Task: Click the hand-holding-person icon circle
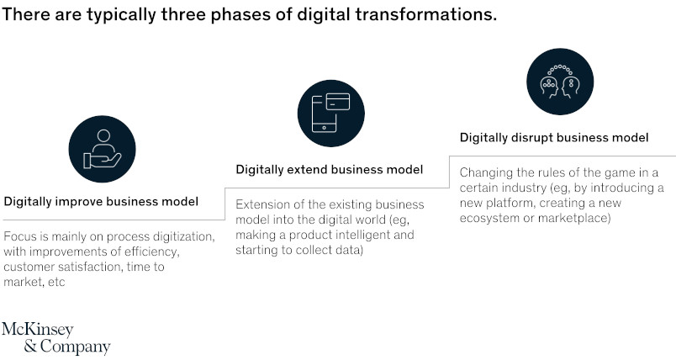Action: point(103,149)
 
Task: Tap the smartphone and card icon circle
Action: point(331,114)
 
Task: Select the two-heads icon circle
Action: point(560,82)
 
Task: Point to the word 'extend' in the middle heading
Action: point(306,169)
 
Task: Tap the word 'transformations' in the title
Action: point(425,14)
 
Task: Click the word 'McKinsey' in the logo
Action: point(38,330)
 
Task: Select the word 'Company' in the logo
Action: point(76,347)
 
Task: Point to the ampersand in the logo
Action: point(30,346)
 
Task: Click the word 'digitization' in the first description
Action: point(184,236)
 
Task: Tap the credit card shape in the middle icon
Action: point(337,102)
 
